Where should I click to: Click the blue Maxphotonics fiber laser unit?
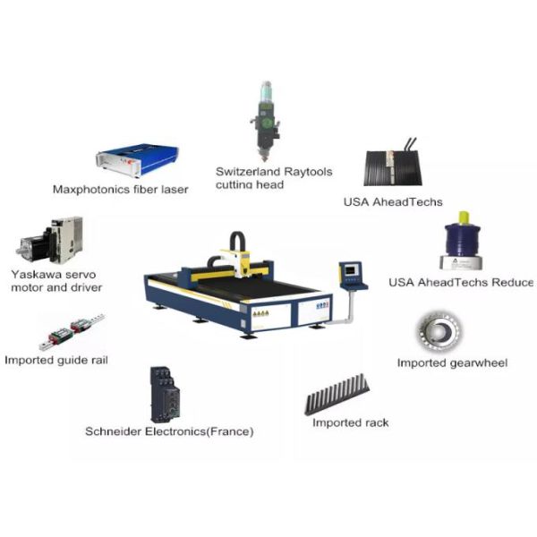[x=137, y=159]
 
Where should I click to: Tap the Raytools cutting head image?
[x=266, y=121]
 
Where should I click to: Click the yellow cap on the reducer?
[x=464, y=217]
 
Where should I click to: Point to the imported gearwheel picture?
[x=439, y=331]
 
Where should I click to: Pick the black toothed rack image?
[x=337, y=394]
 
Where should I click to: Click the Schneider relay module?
[x=165, y=395]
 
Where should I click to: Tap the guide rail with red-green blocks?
[x=72, y=331]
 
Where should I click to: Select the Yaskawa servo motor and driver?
[x=50, y=240]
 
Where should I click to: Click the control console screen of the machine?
[x=350, y=270]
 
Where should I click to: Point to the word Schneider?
[x=114, y=431]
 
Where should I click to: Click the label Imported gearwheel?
[x=452, y=363]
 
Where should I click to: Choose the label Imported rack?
[x=350, y=423]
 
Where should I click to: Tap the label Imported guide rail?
[x=56, y=361]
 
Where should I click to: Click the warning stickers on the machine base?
[x=260, y=313]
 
